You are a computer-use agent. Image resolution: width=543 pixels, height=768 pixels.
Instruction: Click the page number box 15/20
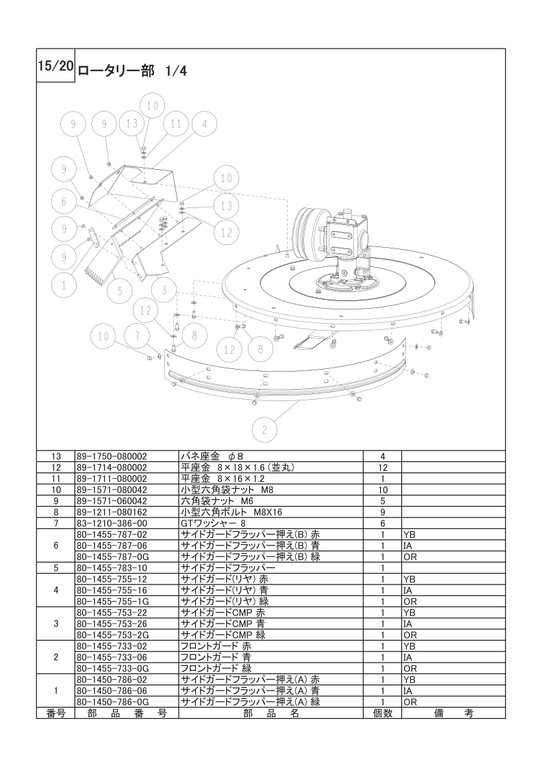point(55,66)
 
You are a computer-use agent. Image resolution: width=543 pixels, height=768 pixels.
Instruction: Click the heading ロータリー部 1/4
point(132,71)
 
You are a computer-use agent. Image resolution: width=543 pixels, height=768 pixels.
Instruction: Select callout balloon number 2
point(264,430)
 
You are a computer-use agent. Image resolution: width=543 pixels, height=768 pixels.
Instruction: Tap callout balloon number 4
point(205,125)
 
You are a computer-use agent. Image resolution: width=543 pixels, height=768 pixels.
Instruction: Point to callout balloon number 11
point(176,125)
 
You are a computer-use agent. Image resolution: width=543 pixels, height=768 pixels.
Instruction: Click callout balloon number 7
point(138,337)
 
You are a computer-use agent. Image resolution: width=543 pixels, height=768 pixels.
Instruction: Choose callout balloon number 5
point(120,291)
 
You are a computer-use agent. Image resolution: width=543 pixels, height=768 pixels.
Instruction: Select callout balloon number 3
point(164,290)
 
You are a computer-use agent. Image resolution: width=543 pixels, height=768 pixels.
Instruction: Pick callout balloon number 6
point(64,201)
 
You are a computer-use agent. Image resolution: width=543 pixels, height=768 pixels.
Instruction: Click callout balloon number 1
point(64,285)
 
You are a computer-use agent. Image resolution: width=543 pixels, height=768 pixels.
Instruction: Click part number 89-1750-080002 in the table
point(112,456)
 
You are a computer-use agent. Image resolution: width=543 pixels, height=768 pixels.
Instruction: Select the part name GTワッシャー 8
point(213,523)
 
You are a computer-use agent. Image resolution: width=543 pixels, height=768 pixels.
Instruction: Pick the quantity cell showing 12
point(383,468)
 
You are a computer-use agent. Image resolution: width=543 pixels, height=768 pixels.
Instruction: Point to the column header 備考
point(454,713)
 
